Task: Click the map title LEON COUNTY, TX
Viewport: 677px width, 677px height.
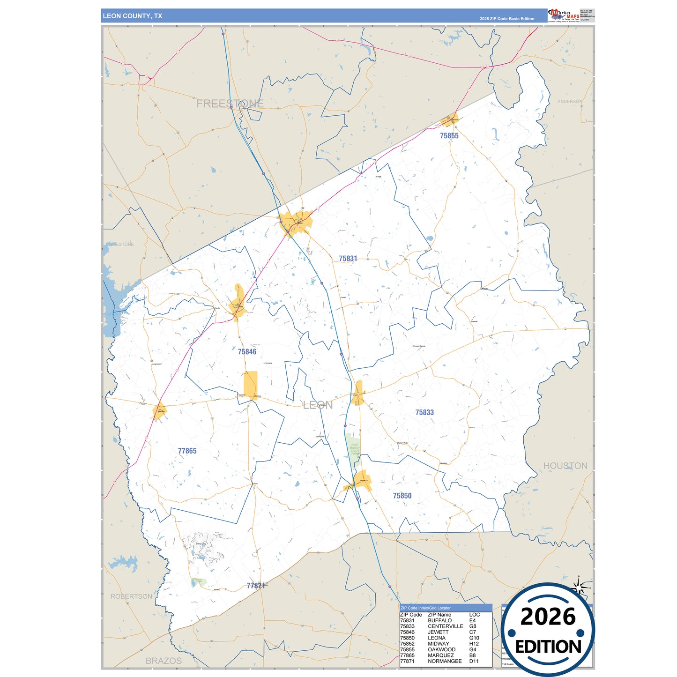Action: tap(133, 16)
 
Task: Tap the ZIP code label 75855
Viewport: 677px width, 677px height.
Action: tap(449, 136)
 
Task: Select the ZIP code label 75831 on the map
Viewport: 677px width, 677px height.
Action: tap(348, 259)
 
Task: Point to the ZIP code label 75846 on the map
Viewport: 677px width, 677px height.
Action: tap(247, 352)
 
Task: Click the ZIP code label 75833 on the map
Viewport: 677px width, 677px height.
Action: tap(424, 413)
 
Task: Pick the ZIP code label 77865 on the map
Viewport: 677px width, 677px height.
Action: tap(187, 451)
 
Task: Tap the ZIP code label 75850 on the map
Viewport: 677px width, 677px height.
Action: tap(402, 496)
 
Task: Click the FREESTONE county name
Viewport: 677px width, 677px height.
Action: tap(230, 104)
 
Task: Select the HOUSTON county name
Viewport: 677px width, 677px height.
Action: tap(565, 466)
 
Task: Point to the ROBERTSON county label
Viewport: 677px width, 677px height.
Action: tap(131, 596)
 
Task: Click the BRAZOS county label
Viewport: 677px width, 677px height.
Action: tap(164, 661)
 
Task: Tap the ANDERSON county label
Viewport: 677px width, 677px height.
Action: tap(570, 102)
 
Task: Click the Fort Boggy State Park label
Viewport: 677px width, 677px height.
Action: tap(355, 449)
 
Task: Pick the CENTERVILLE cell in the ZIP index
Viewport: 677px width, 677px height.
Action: tap(445, 626)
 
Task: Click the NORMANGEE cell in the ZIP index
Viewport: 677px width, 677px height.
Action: tap(445, 662)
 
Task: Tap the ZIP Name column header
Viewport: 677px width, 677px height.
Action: tap(439, 615)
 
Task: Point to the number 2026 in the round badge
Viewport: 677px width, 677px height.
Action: tap(548, 617)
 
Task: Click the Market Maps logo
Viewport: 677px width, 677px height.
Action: tap(564, 15)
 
